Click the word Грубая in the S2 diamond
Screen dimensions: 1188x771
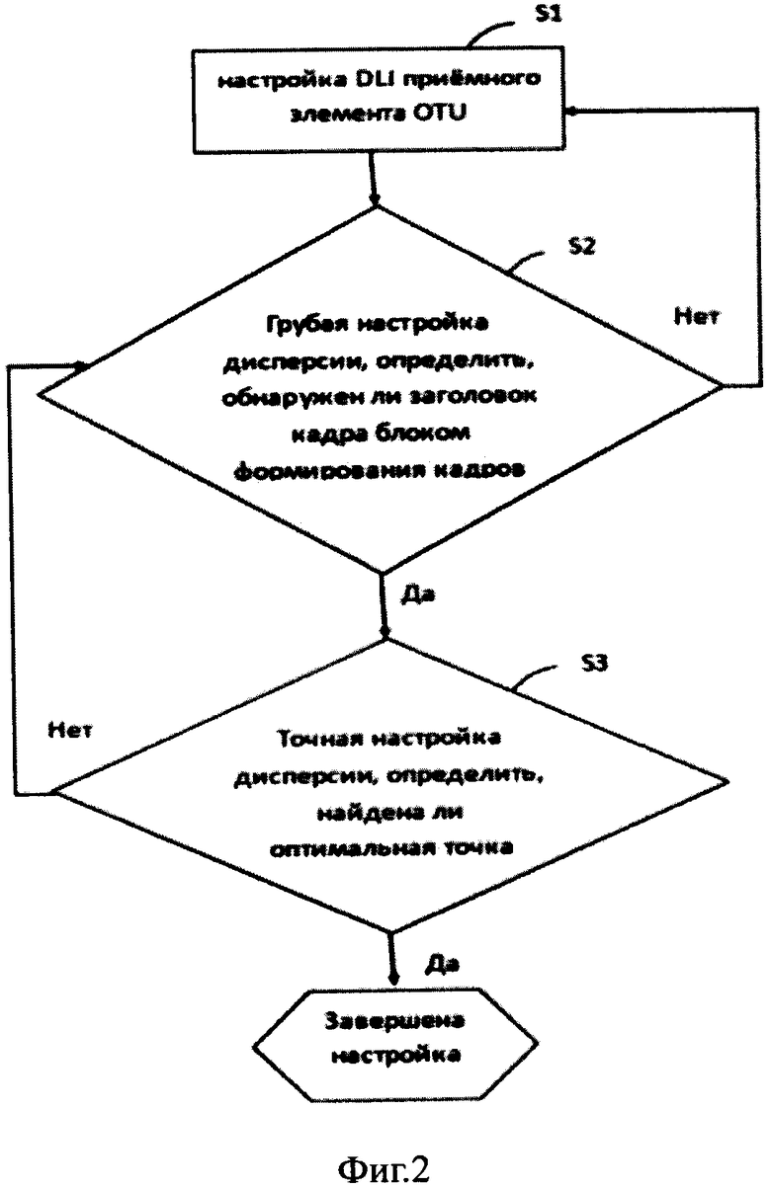(x=303, y=324)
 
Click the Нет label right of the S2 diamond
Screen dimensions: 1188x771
(x=696, y=316)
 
